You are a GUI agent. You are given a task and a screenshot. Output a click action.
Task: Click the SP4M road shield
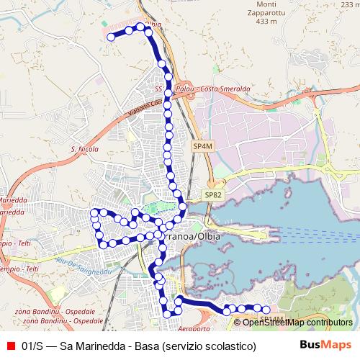tap(203, 146)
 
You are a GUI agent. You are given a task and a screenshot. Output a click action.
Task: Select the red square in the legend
tap(10, 346)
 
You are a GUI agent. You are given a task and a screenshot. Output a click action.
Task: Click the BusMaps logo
tap(325, 346)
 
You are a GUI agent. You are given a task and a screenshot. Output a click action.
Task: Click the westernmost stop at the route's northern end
tap(111, 37)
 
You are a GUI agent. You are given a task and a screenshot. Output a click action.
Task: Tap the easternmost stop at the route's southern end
tap(266, 310)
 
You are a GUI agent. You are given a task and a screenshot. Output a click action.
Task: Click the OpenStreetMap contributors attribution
tap(297, 322)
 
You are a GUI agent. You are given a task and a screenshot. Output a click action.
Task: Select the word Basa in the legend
tap(146, 346)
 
